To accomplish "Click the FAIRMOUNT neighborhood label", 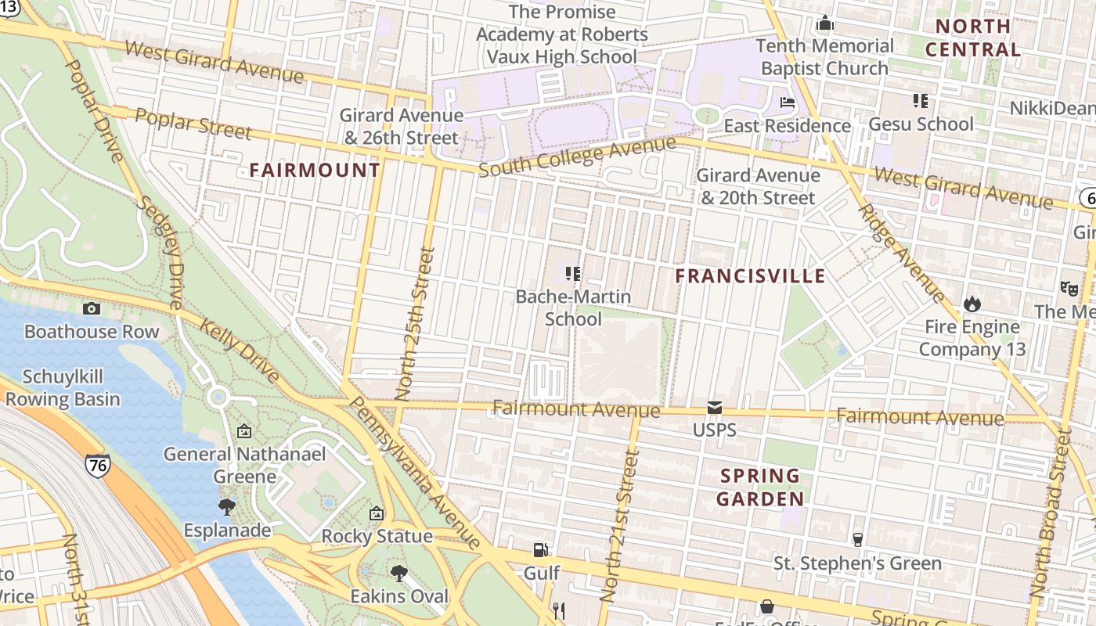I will click(315, 170).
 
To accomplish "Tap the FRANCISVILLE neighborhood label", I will click(750, 275).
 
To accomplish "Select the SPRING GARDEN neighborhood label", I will click(759, 487).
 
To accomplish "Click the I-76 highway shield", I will click(98, 464).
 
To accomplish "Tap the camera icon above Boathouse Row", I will click(92, 308).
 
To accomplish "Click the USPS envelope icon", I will click(714, 408).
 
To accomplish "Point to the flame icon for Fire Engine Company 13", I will click(972, 304).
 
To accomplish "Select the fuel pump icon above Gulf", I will click(540, 550).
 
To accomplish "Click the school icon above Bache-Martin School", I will click(573, 274).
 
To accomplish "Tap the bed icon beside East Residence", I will click(788, 103).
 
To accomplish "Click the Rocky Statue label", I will click(377, 536).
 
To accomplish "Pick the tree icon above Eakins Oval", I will click(399, 574).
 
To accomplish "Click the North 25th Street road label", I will click(415, 324).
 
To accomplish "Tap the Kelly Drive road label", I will click(240, 351).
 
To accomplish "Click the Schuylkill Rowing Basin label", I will click(63, 388).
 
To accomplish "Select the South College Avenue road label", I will click(576, 156).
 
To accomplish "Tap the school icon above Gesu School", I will click(920, 101).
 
